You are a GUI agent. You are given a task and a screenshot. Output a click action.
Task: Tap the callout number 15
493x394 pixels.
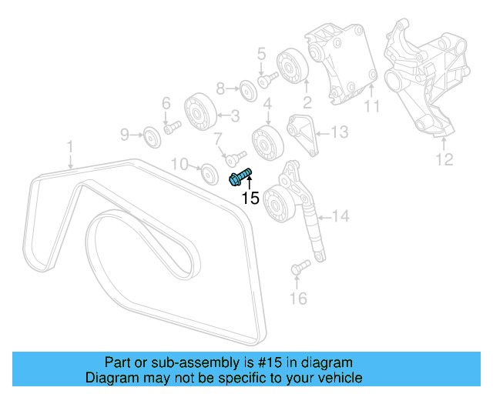(x=250, y=199)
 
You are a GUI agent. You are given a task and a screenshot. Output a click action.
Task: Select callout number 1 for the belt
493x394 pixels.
(x=69, y=145)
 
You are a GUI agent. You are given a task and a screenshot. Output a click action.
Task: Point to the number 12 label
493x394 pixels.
(x=445, y=160)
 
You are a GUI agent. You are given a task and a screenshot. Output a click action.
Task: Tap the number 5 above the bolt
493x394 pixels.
(x=261, y=55)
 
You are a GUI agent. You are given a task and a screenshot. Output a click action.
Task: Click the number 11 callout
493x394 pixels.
(x=372, y=107)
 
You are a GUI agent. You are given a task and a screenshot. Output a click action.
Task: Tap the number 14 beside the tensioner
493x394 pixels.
(x=340, y=216)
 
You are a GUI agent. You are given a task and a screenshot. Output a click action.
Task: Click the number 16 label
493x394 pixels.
(x=298, y=298)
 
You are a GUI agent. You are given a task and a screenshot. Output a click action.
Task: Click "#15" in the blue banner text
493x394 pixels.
(x=253, y=362)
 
